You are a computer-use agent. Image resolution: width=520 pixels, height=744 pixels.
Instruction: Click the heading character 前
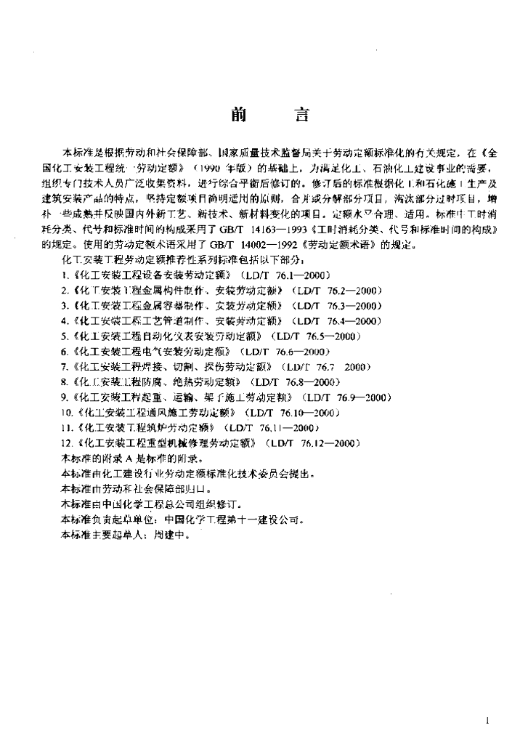[x=238, y=115]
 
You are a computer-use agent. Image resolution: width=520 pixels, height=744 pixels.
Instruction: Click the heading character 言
[x=300, y=115]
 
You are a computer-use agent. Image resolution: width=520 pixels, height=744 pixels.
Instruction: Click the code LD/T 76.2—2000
[x=338, y=291]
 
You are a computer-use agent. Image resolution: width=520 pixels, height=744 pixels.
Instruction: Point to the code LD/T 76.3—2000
[x=338, y=306]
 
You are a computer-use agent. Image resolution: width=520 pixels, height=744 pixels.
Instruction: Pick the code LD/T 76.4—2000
[x=337, y=321]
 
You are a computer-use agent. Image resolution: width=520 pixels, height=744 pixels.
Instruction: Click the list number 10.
[x=61, y=413]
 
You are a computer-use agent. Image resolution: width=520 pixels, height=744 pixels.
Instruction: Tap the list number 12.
[x=61, y=443]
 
